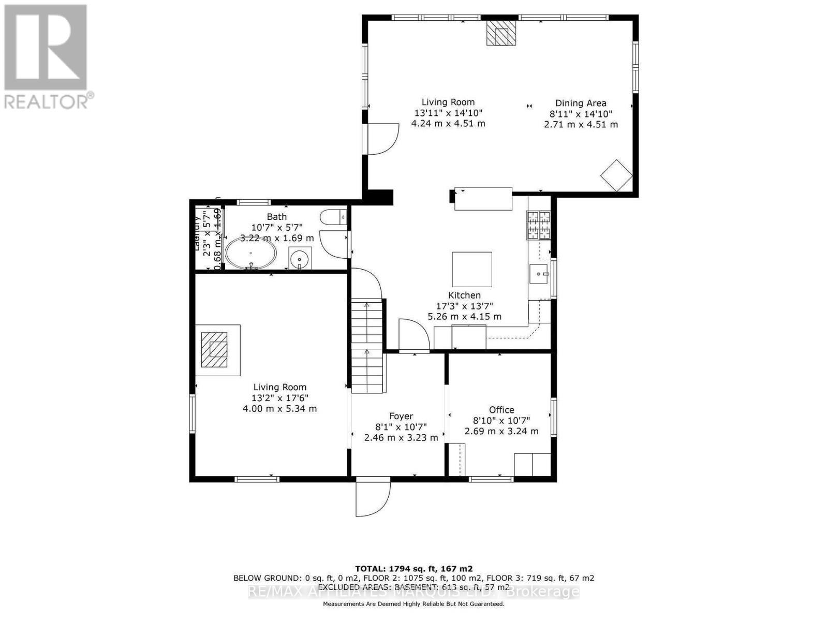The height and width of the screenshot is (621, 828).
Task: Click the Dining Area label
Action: point(581,103)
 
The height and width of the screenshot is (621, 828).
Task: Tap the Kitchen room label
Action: point(464,295)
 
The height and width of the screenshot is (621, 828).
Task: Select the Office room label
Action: point(501,409)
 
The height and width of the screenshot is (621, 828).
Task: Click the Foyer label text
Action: point(401,416)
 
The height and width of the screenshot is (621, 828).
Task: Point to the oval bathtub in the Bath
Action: point(251,253)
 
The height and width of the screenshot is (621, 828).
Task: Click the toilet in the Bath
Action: point(333,216)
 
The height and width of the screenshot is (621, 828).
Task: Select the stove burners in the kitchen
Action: point(539,225)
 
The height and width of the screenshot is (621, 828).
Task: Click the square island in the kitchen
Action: point(472,269)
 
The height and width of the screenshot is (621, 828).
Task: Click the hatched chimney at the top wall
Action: point(501,33)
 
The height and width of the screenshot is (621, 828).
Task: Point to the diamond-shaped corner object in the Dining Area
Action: point(616,175)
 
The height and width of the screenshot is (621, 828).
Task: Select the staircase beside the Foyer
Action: point(367,347)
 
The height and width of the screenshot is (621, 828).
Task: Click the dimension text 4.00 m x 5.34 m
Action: point(279,409)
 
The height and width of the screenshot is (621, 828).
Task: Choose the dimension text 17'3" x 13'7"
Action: point(464,306)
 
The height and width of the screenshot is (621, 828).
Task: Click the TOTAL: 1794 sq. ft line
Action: point(413,568)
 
